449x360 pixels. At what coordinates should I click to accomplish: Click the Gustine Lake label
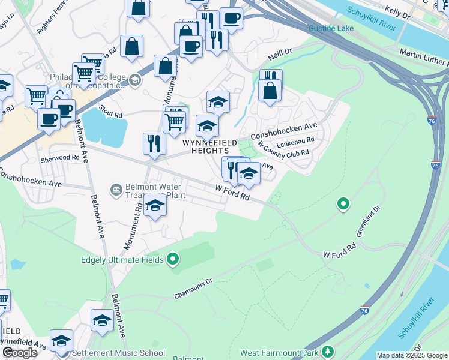[x=331, y=28]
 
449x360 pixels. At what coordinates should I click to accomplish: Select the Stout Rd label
[x=110, y=112]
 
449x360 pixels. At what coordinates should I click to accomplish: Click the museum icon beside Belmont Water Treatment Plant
[x=115, y=190]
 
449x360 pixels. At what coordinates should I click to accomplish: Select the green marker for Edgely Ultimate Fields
[x=173, y=259]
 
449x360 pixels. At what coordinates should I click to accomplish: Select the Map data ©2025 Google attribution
[x=412, y=355]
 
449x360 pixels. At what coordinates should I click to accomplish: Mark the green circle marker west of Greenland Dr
[x=343, y=205]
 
